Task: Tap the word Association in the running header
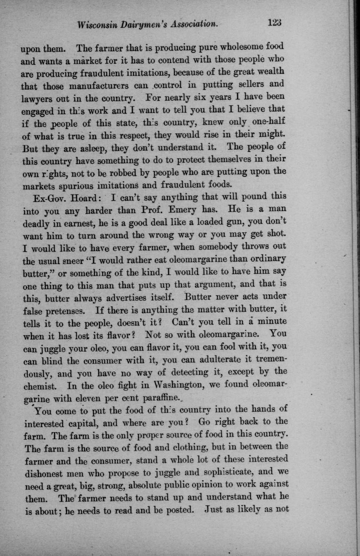[x=194, y=24]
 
